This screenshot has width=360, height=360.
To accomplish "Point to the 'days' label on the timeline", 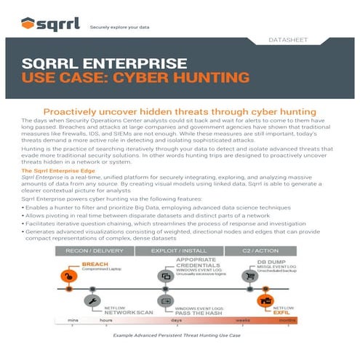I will pos(177,320).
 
